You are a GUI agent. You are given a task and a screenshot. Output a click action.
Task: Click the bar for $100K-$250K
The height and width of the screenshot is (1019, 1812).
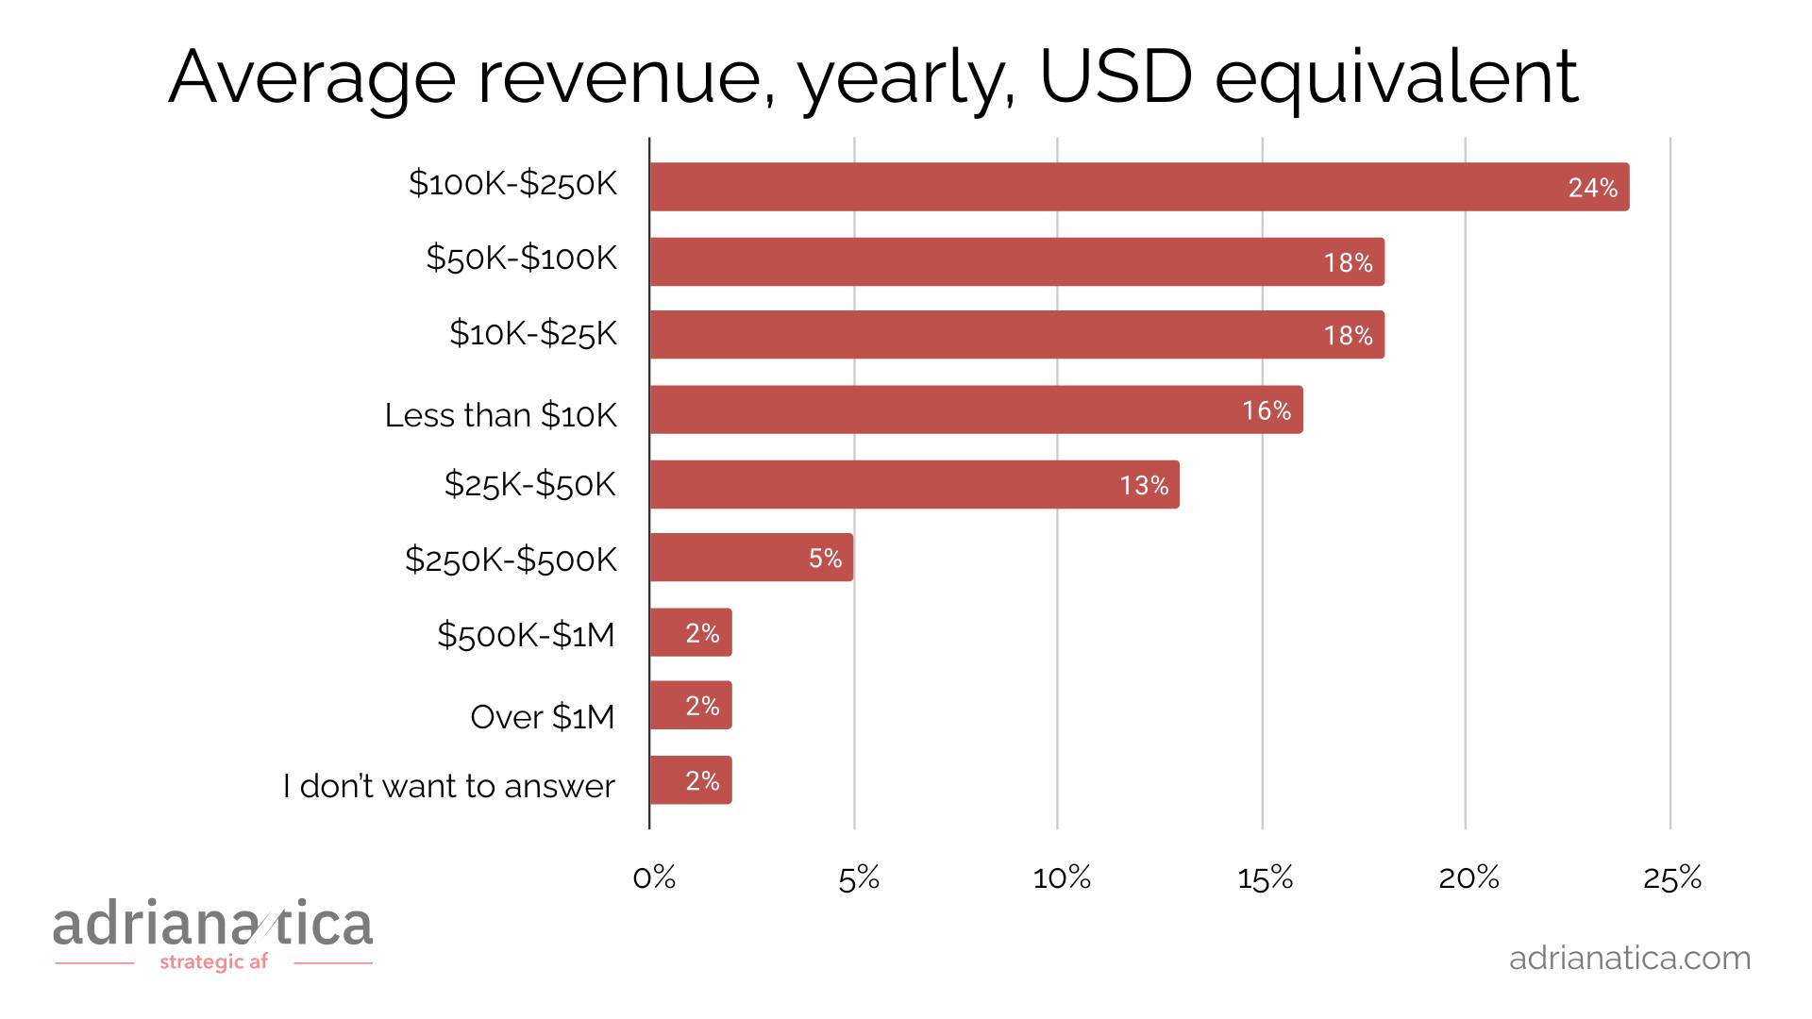[x=1139, y=187]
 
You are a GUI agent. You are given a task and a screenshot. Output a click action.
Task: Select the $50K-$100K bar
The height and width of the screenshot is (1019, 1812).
[x=1016, y=261]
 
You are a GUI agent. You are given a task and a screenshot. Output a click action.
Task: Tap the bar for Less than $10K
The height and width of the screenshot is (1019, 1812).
[x=976, y=409]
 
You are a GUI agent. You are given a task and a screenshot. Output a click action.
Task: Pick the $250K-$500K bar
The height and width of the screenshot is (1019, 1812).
[x=751, y=558]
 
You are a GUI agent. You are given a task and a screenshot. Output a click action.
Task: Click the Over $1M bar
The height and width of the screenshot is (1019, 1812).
[x=690, y=705]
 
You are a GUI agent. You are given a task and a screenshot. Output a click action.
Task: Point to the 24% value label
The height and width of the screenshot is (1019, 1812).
[x=1593, y=188]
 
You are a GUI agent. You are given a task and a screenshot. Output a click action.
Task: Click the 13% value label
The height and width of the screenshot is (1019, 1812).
[x=1144, y=485]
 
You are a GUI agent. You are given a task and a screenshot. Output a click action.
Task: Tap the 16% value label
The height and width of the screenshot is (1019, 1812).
[x=1267, y=410]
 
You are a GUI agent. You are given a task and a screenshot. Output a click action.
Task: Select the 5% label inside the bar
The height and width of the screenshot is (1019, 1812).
[x=825, y=559]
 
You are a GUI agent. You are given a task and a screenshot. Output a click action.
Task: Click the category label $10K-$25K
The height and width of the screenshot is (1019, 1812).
[x=533, y=333]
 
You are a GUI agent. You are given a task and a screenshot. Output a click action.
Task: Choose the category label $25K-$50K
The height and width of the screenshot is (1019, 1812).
[x=530, y=484]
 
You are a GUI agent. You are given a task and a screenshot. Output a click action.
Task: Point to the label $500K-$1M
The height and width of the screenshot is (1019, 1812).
[x=526, y=635]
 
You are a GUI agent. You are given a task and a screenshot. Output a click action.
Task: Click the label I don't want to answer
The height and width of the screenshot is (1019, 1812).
[x=449, y=786]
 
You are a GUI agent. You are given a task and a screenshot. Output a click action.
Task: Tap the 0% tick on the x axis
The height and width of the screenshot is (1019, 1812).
[x=654, y=878]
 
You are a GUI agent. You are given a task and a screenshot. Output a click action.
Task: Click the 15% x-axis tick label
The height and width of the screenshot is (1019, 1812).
[x=1266, y=878]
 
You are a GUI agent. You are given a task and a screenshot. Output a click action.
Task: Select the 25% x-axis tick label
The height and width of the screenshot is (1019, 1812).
[x=1672, y=878]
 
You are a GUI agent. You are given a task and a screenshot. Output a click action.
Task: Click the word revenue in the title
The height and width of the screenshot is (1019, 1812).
[x=619, y=77]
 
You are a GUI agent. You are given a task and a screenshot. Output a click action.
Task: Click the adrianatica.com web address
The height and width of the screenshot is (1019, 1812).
[x=1630, y=958]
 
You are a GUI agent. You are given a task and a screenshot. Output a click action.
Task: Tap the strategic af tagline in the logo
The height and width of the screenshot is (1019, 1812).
[x=214, y=962]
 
